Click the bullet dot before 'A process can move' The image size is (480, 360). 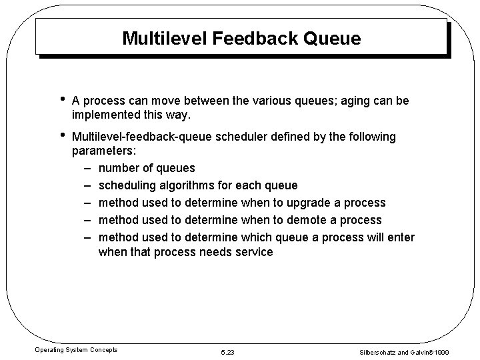[61, 100]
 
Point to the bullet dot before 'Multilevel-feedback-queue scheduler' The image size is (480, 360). [61, 136]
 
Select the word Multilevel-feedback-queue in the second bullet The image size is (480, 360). [141, 137]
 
